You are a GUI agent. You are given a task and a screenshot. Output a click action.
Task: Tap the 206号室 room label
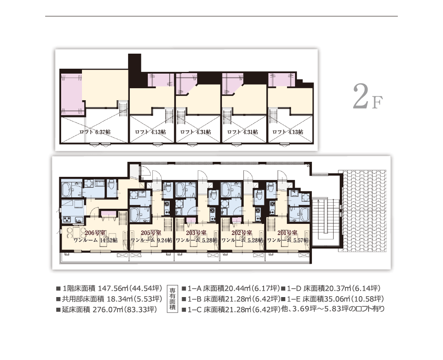[x=95, y=233]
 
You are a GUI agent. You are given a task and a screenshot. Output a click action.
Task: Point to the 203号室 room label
[x=196, y=233]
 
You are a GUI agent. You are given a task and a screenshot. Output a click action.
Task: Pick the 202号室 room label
[x=242, y=233]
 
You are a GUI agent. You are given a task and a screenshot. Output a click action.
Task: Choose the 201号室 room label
[x=287, y=233]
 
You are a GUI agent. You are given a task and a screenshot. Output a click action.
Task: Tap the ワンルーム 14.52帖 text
[x=96, y=240]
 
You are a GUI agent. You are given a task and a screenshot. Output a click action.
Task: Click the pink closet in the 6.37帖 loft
[x=71, y=93]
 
